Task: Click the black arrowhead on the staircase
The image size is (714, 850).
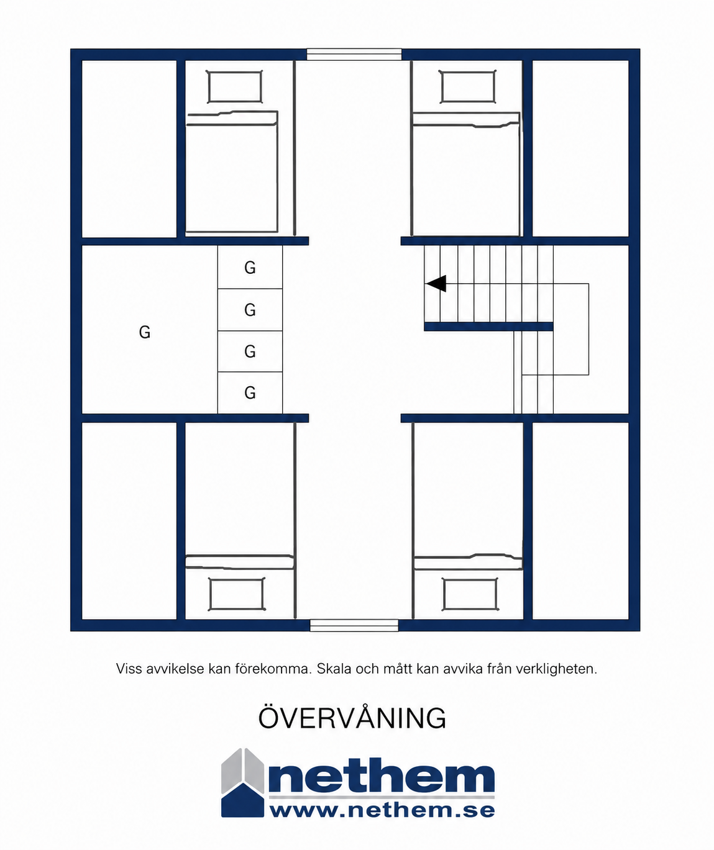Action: (436, 283)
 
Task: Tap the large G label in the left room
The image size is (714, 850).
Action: (145, 332)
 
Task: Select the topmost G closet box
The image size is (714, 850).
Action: (250, 267)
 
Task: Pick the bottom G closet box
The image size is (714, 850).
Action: (250, 393)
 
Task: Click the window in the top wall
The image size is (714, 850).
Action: (354, 55)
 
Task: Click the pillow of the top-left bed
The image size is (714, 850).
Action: (234, 87)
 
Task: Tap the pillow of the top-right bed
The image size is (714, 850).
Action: (467, 87)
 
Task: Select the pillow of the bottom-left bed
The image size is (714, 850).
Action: (236, 594)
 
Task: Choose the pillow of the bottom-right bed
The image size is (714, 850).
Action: (470, 594)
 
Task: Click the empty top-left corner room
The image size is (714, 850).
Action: (129, 148)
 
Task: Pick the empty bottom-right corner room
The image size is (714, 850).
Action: (581, 521)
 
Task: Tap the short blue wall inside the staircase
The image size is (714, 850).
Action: (488, 327)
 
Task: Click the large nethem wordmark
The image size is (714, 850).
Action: (382, 774)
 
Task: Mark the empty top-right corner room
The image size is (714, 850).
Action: (581, 148)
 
